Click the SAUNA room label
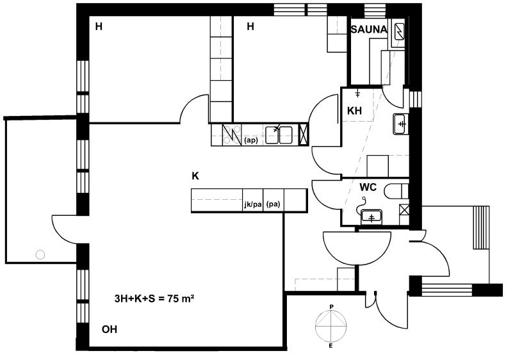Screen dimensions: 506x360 pyautogui.click(x=368, y=29)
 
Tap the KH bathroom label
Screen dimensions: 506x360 pyautogui.click(x=354, y=111)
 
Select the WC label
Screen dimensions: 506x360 pyautogui.click(x=368, y=187)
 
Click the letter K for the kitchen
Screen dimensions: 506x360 pyautogui.click(x=195, y=176)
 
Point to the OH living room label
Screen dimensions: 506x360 pyautogui.click(x=110, y=329)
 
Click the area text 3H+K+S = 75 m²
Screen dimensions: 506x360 pyautogui.click(x=154, y=299)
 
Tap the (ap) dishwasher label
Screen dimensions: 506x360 pyautogui.click(x=251, y=140)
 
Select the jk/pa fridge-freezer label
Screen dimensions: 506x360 pyautogui.click(x=252, y=204)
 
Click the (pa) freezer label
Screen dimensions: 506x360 pyautogui.click(x=273, y=204)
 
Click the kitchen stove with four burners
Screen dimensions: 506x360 pyautogui.click(x=232, y=135)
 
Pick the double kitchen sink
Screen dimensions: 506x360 pyautogui.click(x=279, y=135)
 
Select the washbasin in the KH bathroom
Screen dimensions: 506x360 pyautogui.click(x=400, y=124)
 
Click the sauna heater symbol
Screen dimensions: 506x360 pyautogui.click(x=400, y=31)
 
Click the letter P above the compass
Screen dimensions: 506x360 pyautogui.click(x=331, y=306)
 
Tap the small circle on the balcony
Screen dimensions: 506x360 pyautogui.click(x=40, y=255)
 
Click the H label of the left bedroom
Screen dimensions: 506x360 pyautogui.click(x=99, y=26)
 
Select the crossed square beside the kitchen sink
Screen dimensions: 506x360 pyautogui.click(x=304, y=135)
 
